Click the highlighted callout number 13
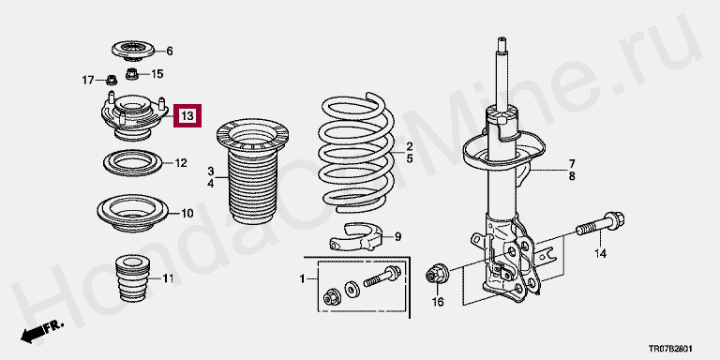click(187, 116)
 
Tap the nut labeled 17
click(112, 81)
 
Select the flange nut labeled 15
click(132, 73)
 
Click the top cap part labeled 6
click(133, 51)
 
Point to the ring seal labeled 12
click(133, 162)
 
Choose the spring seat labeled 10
click(133, 213)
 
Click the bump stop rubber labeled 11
click(134, 278)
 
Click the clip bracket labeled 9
click(356, 236)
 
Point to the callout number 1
click(302, 278)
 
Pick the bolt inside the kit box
click(382, 277)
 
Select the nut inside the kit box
click(331, 296)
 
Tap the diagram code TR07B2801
click(670, 349)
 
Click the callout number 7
click(572, 163)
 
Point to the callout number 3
click(210, 172)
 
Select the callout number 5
click(409, 158)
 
